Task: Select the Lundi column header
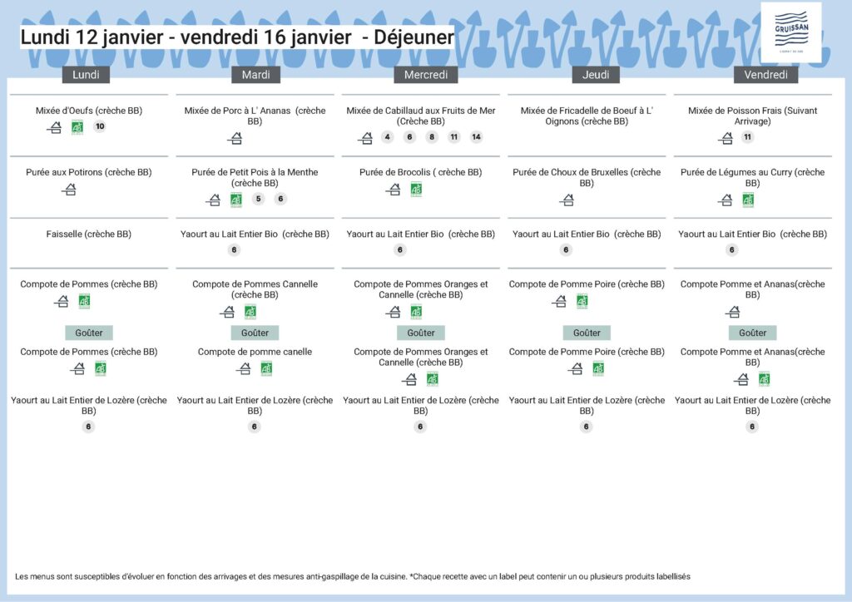[x=87, y=75]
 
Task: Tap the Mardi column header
[x=255, y=75]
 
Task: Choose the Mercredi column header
[x=426, y=75]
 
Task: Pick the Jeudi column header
[x=596, y=75]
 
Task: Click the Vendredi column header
[x=765, y=75]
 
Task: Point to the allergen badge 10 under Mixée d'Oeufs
[x=100, y=127]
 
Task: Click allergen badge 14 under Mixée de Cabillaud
[x=476, y=137]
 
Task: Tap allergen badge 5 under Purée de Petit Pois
[x=258, y=199]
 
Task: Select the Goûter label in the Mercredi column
[x=421, y=333]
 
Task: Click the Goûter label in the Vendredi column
[x=753, y=333]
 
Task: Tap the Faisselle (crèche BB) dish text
[x=89, y=234]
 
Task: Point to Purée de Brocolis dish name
[x=420, y=173]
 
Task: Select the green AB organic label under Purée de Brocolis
[x=416, y=190]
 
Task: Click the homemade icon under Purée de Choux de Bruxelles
[x=567, y=200]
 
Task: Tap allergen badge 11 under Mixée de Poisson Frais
[x=747, y=137]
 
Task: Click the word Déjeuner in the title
[x=414, y=37]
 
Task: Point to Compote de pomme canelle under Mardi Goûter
[x=255, y=352]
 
